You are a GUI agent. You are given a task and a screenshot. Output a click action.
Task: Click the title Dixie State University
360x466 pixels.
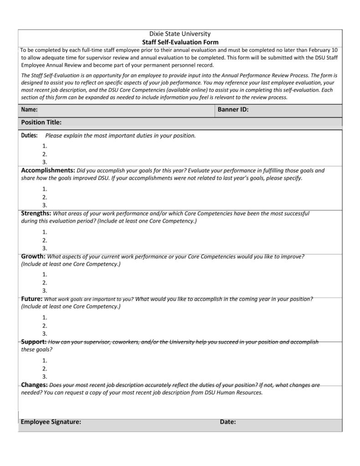[180, 34]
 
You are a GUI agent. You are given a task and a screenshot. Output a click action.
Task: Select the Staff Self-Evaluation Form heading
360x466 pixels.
[180, 42]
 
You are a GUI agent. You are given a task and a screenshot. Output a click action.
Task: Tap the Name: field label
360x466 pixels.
[29, 110]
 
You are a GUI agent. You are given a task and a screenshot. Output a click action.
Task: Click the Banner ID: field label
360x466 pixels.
[233, 110]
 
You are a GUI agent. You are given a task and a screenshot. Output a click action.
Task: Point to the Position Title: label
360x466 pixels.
[41, 122]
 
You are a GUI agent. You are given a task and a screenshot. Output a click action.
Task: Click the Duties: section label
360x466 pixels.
[29, 135]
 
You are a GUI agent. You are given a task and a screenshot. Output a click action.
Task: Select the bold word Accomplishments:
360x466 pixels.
[48, 171]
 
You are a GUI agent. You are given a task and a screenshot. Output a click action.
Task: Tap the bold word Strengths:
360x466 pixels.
[36, 213]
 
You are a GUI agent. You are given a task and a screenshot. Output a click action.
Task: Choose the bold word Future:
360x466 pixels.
[31, 299]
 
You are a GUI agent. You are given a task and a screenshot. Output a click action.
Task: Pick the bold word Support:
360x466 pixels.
[34, 342]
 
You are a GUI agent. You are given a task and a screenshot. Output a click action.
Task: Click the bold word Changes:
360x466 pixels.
[34, 385]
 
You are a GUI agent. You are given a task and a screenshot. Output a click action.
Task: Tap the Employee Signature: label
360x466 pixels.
[51, 422]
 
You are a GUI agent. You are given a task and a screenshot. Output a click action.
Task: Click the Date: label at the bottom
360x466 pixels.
[228, 422]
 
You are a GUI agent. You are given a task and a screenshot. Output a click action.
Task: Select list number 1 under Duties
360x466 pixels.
[45, 146]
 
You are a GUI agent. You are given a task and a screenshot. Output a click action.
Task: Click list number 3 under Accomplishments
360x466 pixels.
[45, 205]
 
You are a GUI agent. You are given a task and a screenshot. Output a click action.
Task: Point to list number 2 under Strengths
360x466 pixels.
[45, 240]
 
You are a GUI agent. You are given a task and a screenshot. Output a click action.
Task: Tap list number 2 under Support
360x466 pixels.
[45, 369]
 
